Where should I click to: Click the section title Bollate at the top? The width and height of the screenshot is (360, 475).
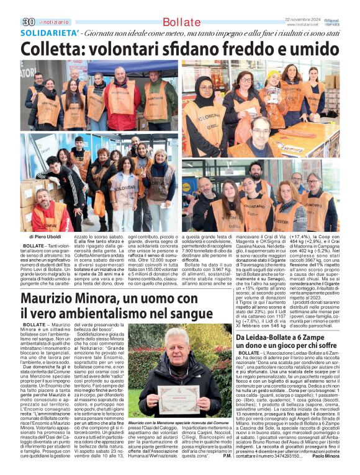(x=181, y=22)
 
